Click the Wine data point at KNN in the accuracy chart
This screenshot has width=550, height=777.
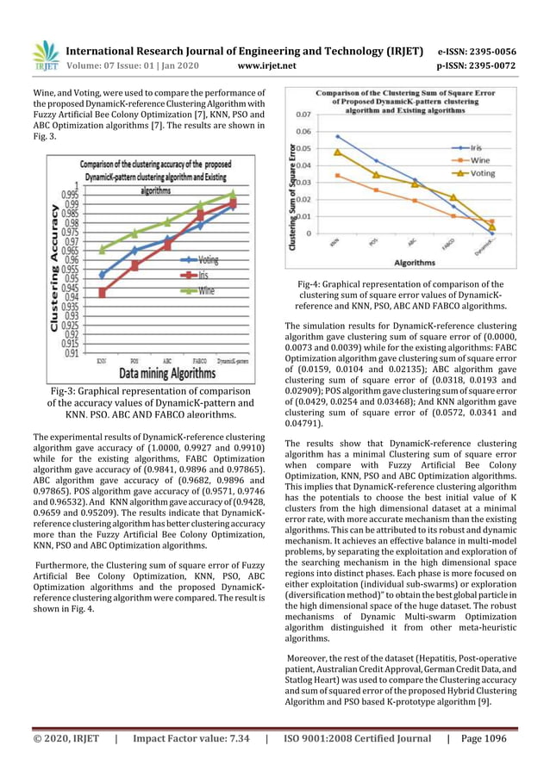pos(102,250)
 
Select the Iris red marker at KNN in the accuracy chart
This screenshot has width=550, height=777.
pos(102,293)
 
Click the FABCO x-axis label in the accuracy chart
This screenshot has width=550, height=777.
pos(199,362)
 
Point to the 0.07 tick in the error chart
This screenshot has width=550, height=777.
pos(303,114)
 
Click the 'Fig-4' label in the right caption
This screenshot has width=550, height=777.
pos(311,283)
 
